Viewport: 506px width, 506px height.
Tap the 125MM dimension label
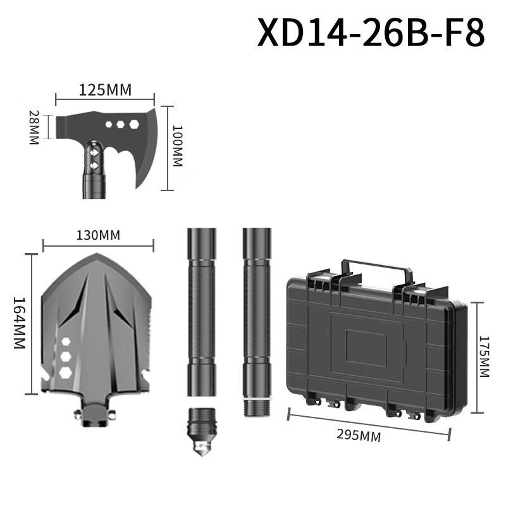coord(105,90)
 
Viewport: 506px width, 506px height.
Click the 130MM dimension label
coord(98,235)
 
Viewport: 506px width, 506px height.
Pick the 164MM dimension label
coord(18,323)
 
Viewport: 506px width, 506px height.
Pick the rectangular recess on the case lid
coord(366,349)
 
